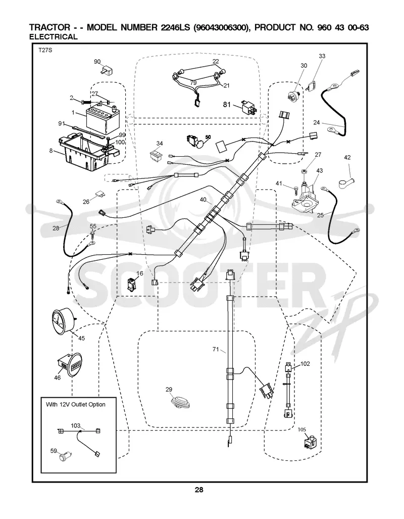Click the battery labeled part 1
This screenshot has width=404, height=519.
click(102, 119)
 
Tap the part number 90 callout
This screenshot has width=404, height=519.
click(97, 62)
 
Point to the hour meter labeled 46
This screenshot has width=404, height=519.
click(70, 364)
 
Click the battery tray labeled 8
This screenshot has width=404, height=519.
click(87, 151)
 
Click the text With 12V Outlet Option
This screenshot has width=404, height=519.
click(75, 404)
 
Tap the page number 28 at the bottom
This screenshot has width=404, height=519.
click(199, 490)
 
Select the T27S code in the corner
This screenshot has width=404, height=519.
click(45, 51)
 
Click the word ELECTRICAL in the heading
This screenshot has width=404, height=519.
click(53, 37)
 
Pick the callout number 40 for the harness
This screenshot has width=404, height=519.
click(203, 200)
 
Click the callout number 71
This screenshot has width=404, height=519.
click(216, 349)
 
